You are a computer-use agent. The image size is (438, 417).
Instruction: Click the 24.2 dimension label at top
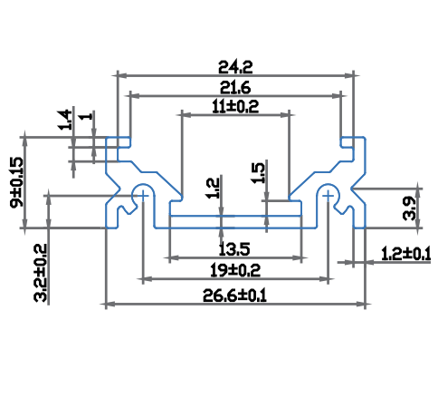click(x=235, y=67)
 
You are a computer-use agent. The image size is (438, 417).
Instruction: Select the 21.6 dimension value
click(x=235, y=88)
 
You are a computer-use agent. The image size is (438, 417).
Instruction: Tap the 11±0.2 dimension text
click(x=235, y=107)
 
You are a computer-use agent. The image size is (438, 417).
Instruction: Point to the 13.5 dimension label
click(x=234, y=249)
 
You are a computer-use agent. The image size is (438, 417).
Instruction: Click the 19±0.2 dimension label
click(x=235, y=270)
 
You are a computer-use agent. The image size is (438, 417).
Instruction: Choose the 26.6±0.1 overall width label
click(x=234, y=296)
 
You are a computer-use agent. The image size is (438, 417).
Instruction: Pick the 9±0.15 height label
click(x=16, y=182)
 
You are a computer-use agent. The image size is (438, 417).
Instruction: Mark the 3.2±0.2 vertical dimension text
click(x=41, y=273)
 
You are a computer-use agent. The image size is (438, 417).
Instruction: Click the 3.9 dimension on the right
click(x=410, y=208)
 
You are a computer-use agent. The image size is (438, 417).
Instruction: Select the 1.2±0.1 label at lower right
click(x=406, y=254)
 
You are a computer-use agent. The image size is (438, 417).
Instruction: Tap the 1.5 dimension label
click(x=258, y=173)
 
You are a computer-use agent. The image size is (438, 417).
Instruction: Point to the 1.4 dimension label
click(x=65, y=121)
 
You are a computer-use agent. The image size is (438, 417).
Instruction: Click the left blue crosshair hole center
click(x=144, y=196)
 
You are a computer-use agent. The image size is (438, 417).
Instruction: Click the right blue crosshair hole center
click(x=328, y=196)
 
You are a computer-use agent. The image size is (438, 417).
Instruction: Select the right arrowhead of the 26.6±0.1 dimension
click(x=361, y=304)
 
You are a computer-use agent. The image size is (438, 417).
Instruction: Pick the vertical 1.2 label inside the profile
click(x=213, y=189)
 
